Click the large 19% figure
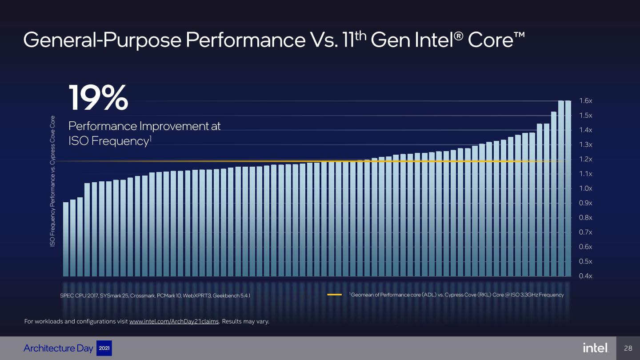(98, 98)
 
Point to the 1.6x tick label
(586, 101)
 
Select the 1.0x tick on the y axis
(586, 188)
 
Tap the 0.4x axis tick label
(586, 276)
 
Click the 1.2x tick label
(586, 159)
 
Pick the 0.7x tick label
(586, 232)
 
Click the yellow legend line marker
(334, 295)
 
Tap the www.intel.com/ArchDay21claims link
(174, 322)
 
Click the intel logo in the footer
(595, 348)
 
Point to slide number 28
(628, 348)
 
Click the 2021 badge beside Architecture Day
(104, 348)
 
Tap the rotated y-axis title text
(52, 181)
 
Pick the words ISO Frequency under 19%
(107, 141)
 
